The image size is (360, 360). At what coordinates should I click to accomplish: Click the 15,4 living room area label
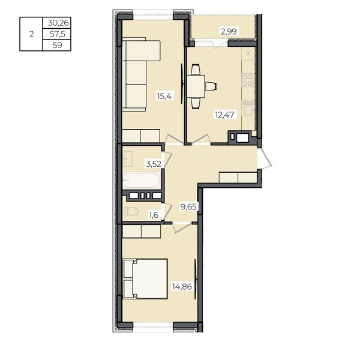coord(164,95)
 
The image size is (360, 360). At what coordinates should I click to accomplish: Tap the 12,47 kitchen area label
coord(224,115)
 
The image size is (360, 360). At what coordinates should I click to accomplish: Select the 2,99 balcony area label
coord(229,31)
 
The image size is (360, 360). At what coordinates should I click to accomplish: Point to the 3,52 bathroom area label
coord(154,164)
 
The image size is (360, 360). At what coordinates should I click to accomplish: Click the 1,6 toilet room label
coord(154,215)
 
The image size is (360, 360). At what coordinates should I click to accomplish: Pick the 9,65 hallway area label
coord(188,207)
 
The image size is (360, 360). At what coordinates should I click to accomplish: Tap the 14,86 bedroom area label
coord(182,287)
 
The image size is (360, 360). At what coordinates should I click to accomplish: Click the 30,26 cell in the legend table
coord(58,23)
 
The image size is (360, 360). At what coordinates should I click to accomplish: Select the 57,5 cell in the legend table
coord(58,34)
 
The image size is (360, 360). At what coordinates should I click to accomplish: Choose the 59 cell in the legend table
coord(58,45)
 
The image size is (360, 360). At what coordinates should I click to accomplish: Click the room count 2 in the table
coord(31,34)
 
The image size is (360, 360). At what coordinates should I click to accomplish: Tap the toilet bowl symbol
coord(131,211)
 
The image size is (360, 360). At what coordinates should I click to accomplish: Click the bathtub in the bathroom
coord(142,181)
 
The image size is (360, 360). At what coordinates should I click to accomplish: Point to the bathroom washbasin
coord(128,158)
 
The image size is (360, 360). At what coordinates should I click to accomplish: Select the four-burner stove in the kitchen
coord(247,80)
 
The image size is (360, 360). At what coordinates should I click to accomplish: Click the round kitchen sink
coord(248,111)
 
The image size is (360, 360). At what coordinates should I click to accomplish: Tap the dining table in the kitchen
coord(196,86)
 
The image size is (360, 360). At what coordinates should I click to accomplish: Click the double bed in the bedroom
coord(145,279)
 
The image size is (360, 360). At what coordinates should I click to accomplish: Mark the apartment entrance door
coord(265,158)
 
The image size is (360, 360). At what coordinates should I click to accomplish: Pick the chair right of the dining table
coord(211,86)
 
